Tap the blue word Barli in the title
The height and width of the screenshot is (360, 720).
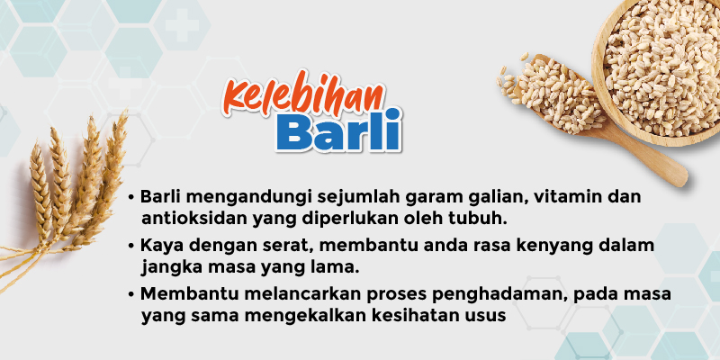point(339,130)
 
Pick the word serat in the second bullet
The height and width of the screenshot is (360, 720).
point(283,245)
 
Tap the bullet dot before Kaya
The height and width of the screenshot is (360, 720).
point(131,246)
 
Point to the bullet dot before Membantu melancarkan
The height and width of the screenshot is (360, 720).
point(131,294)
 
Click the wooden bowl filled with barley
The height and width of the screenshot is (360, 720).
point(658,69)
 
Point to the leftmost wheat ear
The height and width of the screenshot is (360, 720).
point(41,193)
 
